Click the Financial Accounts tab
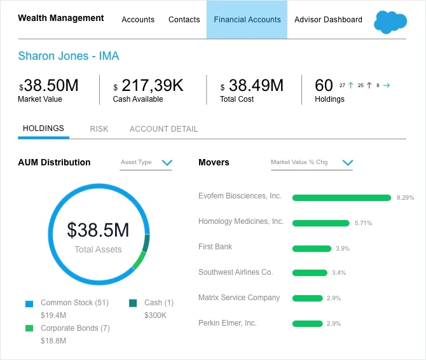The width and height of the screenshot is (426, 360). (x=247, y=20)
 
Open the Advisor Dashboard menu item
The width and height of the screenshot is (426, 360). (x=328, y=20)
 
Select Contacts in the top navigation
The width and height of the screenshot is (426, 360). (x=184, y=20)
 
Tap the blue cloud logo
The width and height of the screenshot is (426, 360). (x=390, y=21)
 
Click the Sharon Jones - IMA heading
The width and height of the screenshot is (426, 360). (x=69, y=56)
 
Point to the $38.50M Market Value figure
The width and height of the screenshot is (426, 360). (x=50, y=85)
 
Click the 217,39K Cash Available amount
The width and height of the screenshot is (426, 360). (x=151, y=85)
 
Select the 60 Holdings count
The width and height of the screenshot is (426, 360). (x=324, y=85)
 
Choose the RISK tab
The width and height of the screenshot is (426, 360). (x=99, y=129)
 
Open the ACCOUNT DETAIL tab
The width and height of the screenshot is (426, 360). (x=163, y=129)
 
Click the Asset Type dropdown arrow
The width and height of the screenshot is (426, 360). (x=167, y=163)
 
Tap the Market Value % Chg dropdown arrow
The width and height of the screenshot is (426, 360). (x=347, y=163)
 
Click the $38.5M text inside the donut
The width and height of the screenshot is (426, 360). (x=98, y=230)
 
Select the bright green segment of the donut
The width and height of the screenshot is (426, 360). (x=139, y=260)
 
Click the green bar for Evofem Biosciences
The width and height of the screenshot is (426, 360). (x=341, y=198)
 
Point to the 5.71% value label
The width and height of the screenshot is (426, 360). (x=363, y=223)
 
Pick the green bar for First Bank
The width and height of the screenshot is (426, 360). (x=312, y=249)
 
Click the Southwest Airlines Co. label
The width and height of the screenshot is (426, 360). (x=235, y=272)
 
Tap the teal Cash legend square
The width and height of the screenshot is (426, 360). (x=133, y=303)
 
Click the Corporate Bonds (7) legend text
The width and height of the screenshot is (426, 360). (x=75, y=328)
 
